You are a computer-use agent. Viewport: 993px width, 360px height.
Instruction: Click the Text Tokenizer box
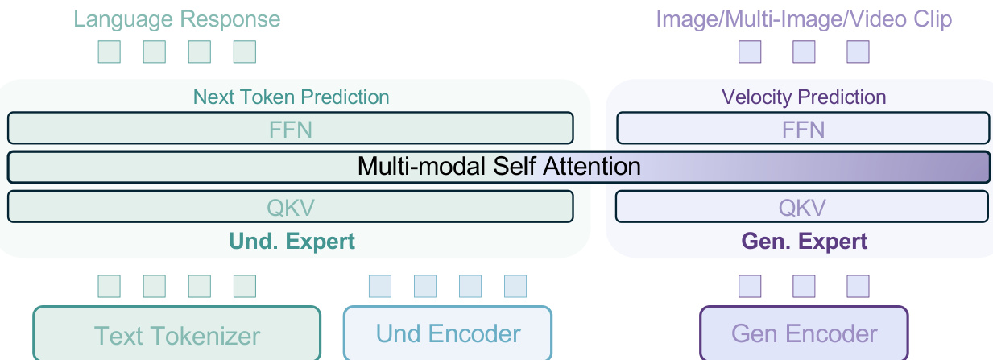[x=176, y=333]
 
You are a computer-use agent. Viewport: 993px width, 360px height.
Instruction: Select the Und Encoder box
[x=448, y=333]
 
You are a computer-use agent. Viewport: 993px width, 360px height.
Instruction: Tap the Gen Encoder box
[x=804, y=333]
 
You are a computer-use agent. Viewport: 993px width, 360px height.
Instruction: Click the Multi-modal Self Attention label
[x=499, y=167]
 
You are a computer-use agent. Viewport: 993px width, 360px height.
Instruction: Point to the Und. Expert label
[x=292, y=241]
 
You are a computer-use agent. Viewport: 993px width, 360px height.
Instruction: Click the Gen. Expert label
[x=803, y=241]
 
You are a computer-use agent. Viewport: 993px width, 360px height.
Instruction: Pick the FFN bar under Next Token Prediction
[x=290, y=128]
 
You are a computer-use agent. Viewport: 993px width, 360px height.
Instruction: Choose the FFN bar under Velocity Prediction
[x=802, y=128]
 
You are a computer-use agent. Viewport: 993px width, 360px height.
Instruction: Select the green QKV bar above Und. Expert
[x=290, y=207]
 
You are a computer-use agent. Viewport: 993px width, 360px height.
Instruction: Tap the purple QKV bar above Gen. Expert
[x=802, y=207]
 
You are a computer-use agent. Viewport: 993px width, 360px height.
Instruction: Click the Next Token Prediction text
[x=291, y=97]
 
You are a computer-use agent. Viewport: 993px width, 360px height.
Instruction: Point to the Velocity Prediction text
[x=804, y=97]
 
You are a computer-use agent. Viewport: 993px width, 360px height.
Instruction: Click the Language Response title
[x=177, y=19]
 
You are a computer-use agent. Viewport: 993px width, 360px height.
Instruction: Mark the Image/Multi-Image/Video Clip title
[x=804, y=19]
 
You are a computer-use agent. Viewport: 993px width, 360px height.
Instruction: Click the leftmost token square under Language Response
[x=109, y=52]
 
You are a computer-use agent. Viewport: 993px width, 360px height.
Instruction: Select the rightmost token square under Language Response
[x=244, y=52]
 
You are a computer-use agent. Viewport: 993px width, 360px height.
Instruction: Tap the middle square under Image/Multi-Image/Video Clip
[x=804, y=52]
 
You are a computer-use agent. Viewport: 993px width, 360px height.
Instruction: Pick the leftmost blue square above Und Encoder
[x=379, y=286]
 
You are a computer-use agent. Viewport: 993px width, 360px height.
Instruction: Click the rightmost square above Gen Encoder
[x=858, y=286]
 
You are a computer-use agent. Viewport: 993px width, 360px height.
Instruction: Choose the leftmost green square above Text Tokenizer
[x=109, y=286]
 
